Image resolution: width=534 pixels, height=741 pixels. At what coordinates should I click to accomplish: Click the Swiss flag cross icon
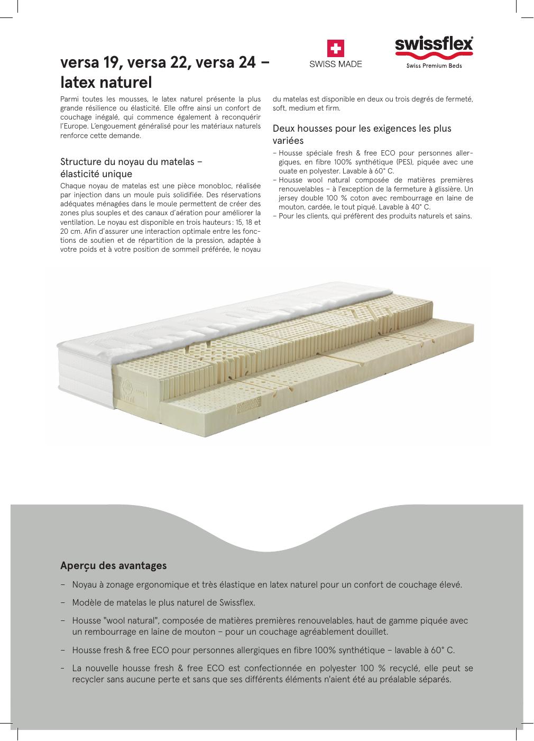(x=335, y=49)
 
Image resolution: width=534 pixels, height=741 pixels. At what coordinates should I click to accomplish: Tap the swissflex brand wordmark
(x=434, y=44)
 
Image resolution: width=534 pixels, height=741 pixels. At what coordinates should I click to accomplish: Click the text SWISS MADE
(x=335, y=65)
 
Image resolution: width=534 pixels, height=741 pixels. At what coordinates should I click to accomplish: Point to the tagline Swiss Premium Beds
(x=434, y=66)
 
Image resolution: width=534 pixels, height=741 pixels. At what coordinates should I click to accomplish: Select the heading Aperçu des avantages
(x=113, y=565)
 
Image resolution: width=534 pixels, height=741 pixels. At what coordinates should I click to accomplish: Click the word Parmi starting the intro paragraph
(x=70, y=99)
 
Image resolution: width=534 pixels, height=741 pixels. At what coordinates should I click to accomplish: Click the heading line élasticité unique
(x=96, y=174)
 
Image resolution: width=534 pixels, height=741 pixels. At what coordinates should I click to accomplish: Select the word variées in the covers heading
(x=288, y=141)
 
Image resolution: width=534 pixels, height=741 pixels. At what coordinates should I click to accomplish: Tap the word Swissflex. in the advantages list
(x=237, y=602)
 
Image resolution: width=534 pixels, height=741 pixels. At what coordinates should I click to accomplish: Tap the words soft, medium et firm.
(x=307, y=108)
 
